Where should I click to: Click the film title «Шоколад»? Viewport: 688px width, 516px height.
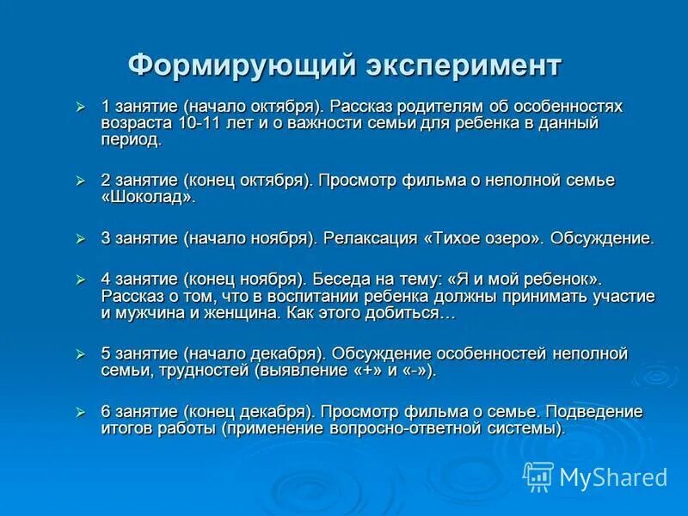click(x=149, y=197)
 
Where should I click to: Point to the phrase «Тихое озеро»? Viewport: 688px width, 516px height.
click(x=482, y=238)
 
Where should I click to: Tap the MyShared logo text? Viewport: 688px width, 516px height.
click(x=613, y=476)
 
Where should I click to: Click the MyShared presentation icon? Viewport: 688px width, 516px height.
click(x=539, y=476)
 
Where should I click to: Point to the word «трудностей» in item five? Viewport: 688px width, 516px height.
click(x=206, y=370)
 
